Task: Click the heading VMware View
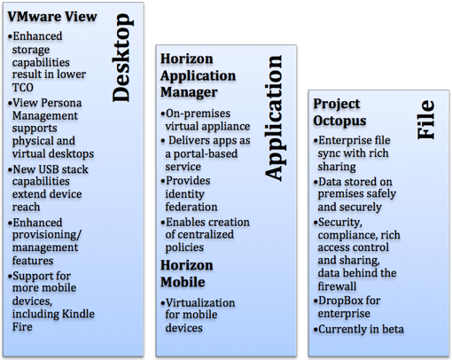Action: [x=52, y=17]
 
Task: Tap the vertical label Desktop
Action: [x=121, y=58]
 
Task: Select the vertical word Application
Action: [x=274, y=118]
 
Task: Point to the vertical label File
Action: [x=426, y=120]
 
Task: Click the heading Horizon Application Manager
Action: [x=199, y=75]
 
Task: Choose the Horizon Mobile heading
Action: [x=187, y=273]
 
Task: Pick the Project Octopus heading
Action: [x=339, y=113]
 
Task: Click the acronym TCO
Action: [x=23, y=87]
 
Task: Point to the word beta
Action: [x=393, y=329]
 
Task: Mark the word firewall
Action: [x=337, y=286]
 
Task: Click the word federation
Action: [x=191, y=207]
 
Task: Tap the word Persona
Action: [x=61, y=103]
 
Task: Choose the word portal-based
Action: [x=206, y=154]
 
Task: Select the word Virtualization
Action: [x=200, y=302]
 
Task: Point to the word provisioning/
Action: [x=47, y=235]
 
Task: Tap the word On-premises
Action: [x=198, y=113]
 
